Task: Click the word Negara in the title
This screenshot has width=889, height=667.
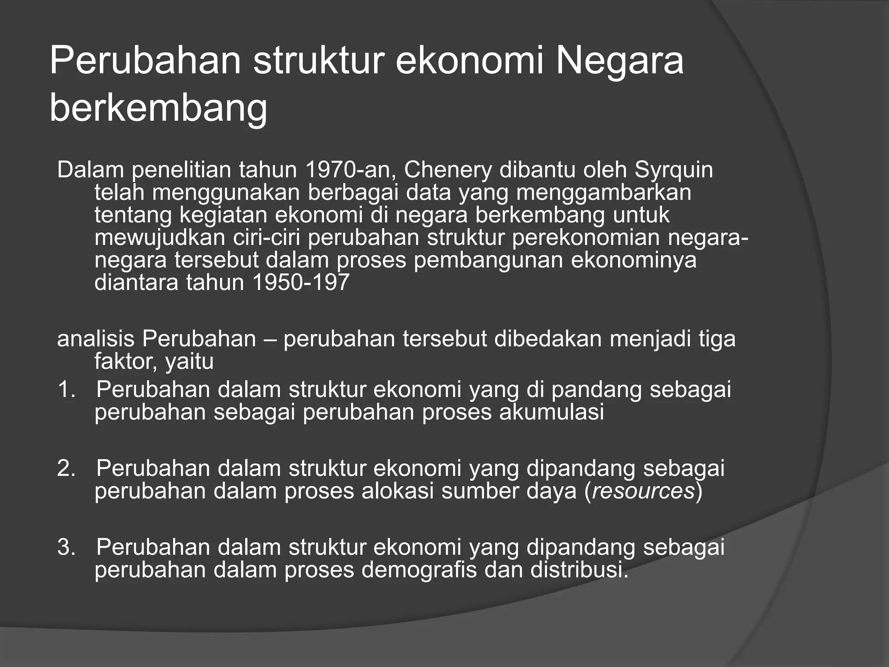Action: tap(619, 61)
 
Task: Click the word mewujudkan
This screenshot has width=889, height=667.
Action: tap(160, 238)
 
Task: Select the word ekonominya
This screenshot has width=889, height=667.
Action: tap(633, 260)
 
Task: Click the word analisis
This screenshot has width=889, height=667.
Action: tap(95, 339)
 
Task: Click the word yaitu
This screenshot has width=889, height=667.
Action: tap(190, 361)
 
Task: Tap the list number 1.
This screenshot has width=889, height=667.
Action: tap(66, 390)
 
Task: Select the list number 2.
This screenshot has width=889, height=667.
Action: tap(66, 469)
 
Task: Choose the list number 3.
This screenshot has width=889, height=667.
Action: tap(66, 547)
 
